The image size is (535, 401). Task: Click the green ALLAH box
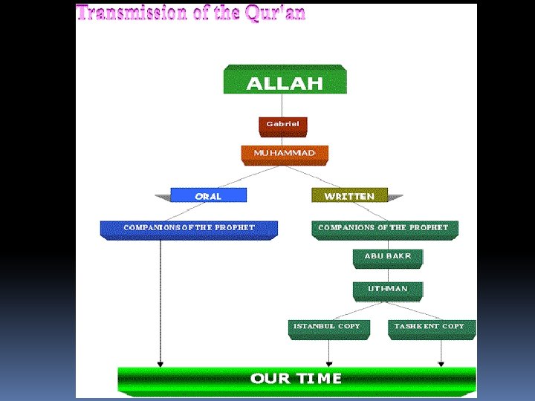(x=285, y=80)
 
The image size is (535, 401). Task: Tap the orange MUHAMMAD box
(x=285, y=154)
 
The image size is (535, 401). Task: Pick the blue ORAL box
(x=208, y=195)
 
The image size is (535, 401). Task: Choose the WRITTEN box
(x=349, y=195)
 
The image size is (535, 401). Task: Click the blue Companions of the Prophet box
(x=189, y=229)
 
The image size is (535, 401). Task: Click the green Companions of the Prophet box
(x=383, y=229)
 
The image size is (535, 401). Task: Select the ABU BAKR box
(x=388, y=257)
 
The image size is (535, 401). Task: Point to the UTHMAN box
(x=388, y=290)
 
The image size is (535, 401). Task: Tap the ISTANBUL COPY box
(x=328, y=327)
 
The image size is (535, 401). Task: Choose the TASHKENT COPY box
(x=430, y=327)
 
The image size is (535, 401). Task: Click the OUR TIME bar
(x=296, y=379)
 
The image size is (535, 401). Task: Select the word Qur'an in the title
(x=274, y=13)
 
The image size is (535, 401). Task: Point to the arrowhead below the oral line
(x=160, y=364)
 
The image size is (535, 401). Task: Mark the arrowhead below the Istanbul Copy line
(x=328, y=364)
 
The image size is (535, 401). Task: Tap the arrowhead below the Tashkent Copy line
(x=441, y=364)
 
